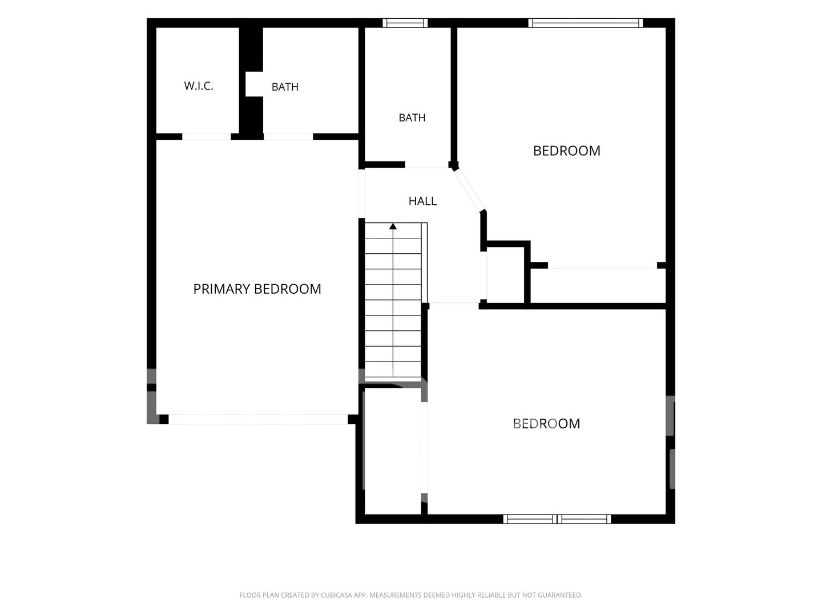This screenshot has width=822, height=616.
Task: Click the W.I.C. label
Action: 199,86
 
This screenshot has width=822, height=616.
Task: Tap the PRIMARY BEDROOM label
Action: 257,289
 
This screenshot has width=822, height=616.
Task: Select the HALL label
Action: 422,201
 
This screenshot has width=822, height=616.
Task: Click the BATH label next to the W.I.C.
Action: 285,87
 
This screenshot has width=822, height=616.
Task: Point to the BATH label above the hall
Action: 412,118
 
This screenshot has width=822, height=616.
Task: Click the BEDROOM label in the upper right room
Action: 567,151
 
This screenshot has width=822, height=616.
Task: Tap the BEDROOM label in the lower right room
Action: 546,424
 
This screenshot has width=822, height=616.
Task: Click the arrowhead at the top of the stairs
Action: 393,226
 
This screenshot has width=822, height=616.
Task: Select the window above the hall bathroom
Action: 405,23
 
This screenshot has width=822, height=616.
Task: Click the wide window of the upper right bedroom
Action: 585,23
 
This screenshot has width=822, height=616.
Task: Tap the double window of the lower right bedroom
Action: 557,519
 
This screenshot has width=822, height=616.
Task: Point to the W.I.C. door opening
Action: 206,136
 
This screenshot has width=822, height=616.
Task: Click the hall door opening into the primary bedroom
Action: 361,194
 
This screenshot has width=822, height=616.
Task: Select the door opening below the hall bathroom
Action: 427,165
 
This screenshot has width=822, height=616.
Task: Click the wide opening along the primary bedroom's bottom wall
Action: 258,419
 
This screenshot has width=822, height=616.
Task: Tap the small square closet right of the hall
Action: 505,275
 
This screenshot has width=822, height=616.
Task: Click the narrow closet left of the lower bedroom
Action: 393,451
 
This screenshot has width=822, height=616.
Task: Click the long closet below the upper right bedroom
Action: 598,286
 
